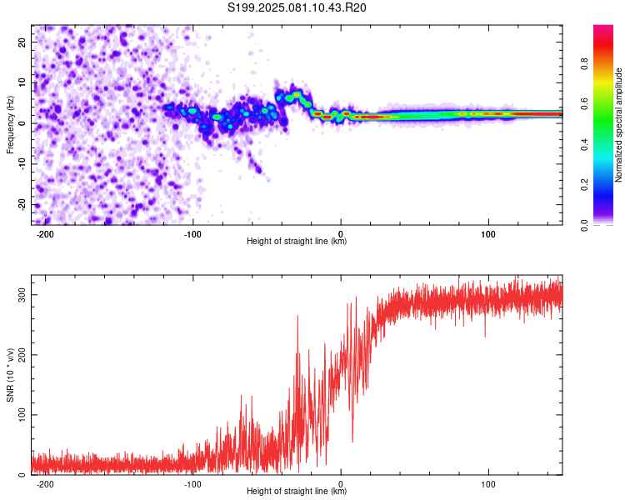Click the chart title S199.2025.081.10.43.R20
(x=297, y=7)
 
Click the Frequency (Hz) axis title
(x=10, y=125)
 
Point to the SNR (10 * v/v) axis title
(x=10, y=375)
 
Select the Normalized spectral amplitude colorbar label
(x=618, y=125)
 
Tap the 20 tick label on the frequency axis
(x=22, y=42)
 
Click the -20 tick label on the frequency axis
(x=22, y=204)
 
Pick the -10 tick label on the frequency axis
(x=22, y=164)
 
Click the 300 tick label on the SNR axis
(x=22, y=295)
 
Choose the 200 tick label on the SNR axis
(x=22, y=355)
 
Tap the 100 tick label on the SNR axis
(x=22, y=415)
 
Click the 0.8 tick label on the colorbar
(x=585, y=64)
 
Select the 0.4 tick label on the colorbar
(x=585, y=144)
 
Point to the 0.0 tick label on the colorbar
(x=585, y=225)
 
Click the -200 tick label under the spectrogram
(x=45, y=234)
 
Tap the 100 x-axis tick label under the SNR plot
(x=488, y=484)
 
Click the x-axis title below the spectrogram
(x=297, y=241)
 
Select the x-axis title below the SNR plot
(x=297, y=491)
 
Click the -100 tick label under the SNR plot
(x=192, y=484)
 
